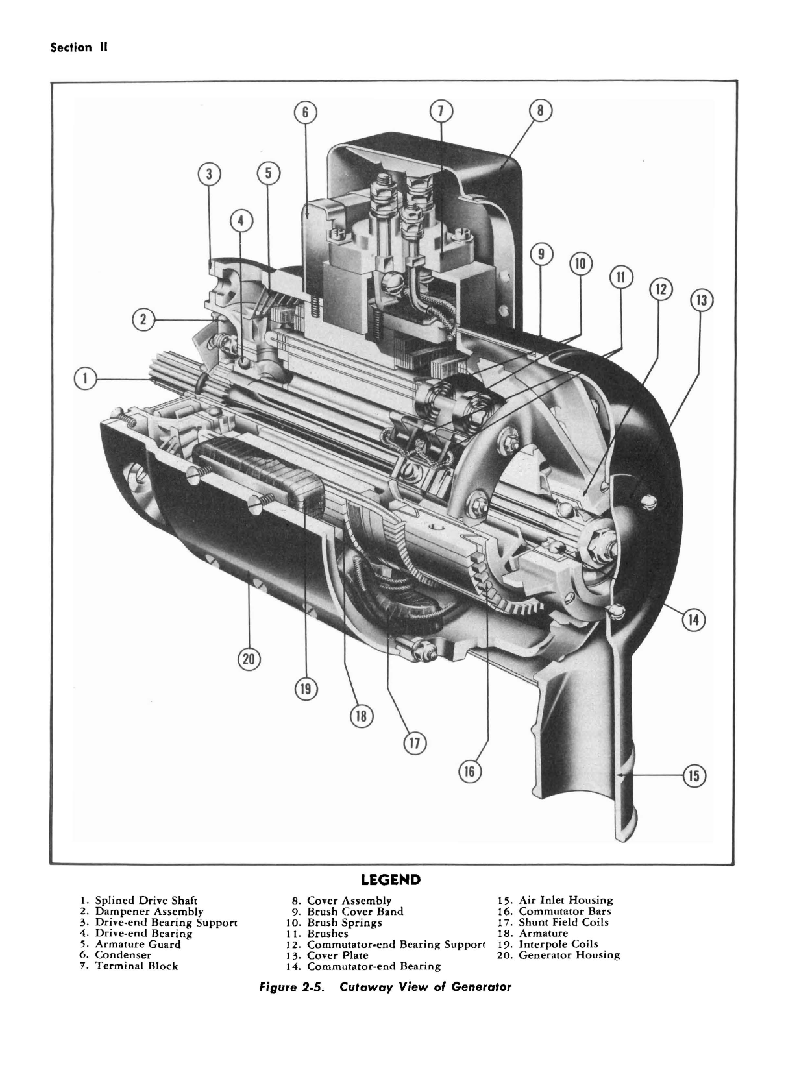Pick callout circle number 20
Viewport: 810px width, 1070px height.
click(x=248, y=660)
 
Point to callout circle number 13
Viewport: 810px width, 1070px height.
click(x=700, y=300)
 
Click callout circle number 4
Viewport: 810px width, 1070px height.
click(x=241, y=221)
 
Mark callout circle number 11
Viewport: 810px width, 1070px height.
click(x=620, y=278)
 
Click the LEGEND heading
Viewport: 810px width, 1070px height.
click(x=390, y=880)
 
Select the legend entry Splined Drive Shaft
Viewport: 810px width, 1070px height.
click(x=146, y=901)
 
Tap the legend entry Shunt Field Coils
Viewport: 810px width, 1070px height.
click(x=563, y=922)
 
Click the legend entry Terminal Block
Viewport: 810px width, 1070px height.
click(x=136, y=966)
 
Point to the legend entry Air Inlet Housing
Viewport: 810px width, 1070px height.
click(x=565, y=900)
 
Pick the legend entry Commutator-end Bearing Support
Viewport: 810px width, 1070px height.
click(x=396, y=944)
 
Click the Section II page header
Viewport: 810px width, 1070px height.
click(x=79, y=48)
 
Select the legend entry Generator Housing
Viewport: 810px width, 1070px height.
click(x=569, y=955)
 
